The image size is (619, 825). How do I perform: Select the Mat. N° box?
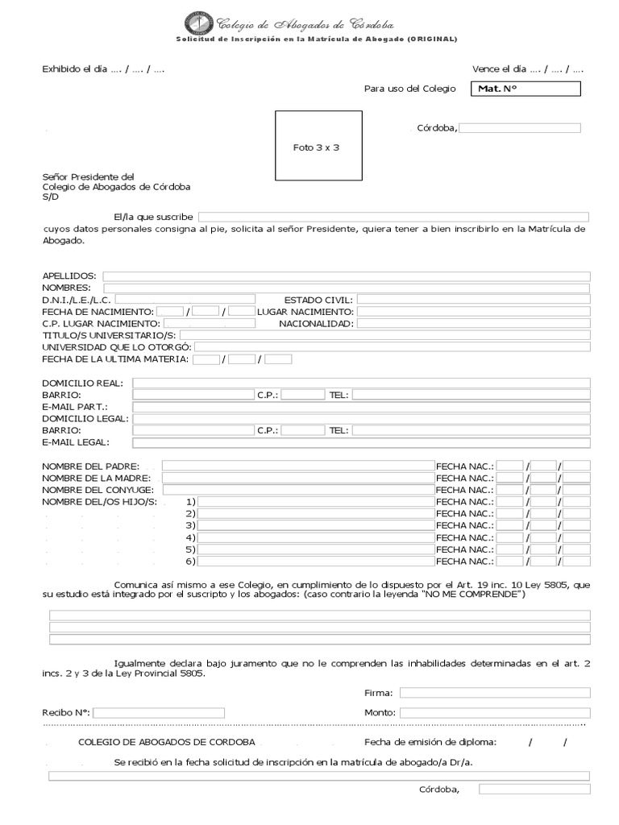point(524,89)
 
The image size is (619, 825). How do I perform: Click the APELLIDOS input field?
point(346,276)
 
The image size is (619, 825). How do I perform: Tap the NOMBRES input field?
point(346,288)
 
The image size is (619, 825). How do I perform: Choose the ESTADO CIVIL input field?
point(473,300)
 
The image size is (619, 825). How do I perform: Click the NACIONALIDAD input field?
point(473,323)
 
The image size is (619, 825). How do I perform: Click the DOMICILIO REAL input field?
point(361,383)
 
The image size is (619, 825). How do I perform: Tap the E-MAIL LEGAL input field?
point(361,442)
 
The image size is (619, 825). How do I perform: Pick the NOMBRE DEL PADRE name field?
point(297,466)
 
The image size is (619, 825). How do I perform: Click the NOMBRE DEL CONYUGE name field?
point(297,489)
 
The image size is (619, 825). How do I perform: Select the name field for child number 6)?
point(315,561)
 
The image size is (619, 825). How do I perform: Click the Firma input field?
point(495,692)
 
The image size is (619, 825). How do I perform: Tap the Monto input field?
point(495,712)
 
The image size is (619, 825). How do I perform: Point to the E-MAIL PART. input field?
point(361,407)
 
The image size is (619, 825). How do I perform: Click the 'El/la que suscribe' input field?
point(393,217)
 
